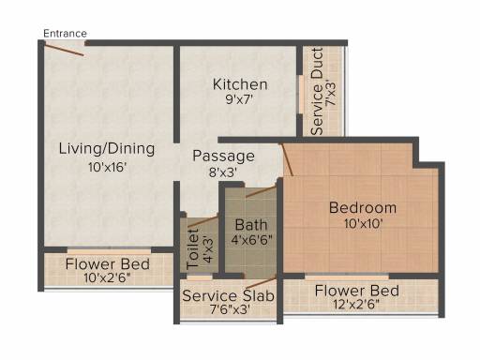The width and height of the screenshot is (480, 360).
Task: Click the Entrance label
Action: coord(65,34)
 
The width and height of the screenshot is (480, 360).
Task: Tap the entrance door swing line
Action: coord(64,50)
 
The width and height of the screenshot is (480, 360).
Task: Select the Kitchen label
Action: coord(240,84)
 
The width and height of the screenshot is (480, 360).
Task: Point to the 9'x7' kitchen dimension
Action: coord(239,99)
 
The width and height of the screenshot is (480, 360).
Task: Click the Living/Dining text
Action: coord(107,149)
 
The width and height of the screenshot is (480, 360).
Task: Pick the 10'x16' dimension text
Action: coord(107,167)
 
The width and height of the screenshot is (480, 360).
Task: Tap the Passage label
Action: coord(223,157)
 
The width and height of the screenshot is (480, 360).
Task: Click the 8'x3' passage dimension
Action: coord(223,172)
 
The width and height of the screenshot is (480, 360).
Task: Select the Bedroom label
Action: coord(363,208)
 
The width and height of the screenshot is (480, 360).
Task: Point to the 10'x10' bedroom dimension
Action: coord(364,224)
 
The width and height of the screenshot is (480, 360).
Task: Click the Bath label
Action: coord(251,225)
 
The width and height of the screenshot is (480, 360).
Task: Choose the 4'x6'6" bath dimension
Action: coord(251,240)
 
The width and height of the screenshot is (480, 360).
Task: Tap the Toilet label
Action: coord(193,249)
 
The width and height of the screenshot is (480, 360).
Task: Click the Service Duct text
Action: coord(317,92)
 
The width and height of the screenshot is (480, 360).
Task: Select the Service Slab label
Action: coord(229,295)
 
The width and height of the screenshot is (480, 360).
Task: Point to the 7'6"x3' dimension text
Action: coord(230,309)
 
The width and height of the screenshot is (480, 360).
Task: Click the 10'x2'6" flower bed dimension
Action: coord(107,277)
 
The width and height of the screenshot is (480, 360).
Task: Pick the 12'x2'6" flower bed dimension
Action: coord(356,304)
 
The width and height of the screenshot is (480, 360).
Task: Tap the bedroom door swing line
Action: coord(288,160)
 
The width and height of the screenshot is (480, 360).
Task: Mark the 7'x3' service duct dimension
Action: coord(332,93)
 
